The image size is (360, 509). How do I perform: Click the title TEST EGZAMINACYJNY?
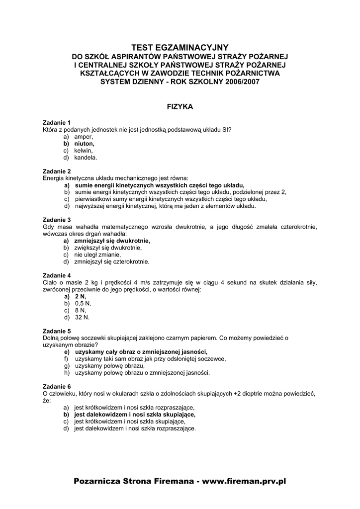click(180, 47)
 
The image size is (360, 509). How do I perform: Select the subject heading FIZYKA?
click(180, 106)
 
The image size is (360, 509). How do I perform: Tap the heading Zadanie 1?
click(57, 122)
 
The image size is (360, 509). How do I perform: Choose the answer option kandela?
click(86, 157)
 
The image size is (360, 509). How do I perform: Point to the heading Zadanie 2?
click(57, 171)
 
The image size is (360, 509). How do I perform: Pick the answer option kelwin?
click(84, 150)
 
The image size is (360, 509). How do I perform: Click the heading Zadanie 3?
click(57, 220)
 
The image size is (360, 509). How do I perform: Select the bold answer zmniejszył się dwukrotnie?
click(112, 241)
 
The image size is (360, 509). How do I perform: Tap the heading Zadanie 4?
click(57, 275)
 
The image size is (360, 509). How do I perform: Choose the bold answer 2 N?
click(80, 296)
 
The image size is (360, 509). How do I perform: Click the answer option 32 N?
click(82, 317)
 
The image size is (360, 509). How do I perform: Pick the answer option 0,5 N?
click(83, 303)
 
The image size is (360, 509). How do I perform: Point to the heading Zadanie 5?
click(57, 331)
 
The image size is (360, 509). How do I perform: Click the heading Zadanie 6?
click(57, 386)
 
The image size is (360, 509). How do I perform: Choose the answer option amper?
click(84, 136)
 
